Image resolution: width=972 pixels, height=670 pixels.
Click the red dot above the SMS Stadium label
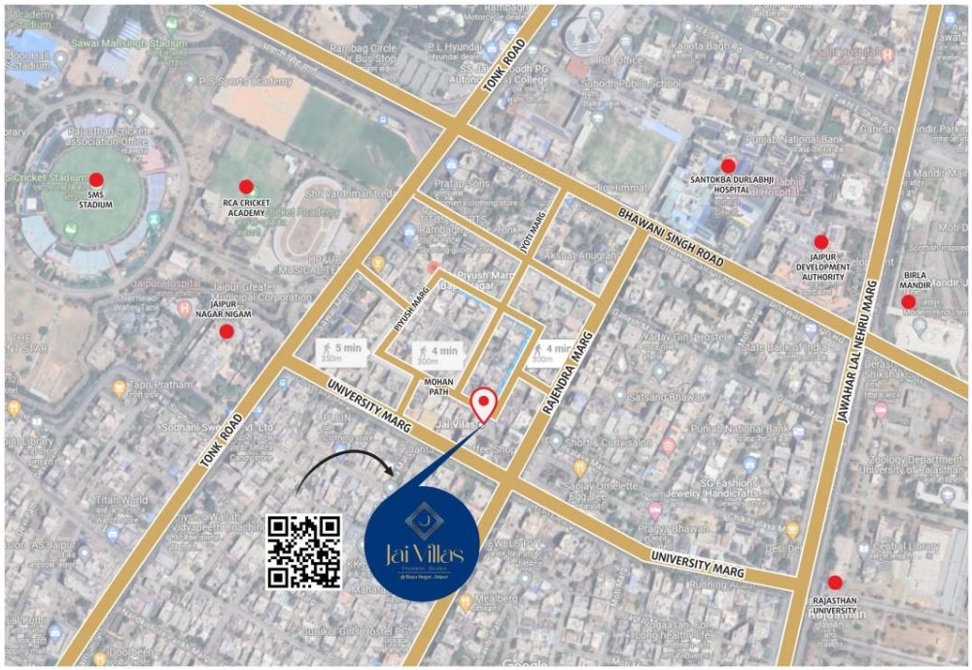96,179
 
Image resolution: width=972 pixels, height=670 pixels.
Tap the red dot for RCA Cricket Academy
246,186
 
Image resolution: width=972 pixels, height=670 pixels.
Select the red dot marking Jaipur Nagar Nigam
226,332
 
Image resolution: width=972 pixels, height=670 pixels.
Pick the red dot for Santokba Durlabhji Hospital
728,165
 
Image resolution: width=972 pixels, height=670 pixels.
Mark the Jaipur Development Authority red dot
820,241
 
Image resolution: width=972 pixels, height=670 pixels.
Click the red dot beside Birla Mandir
908,301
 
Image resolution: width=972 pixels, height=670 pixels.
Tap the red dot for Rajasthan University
834,582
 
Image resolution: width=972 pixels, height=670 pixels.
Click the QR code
304,551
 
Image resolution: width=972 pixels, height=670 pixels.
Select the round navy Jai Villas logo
422,546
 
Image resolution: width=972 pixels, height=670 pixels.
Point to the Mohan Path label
441,387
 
